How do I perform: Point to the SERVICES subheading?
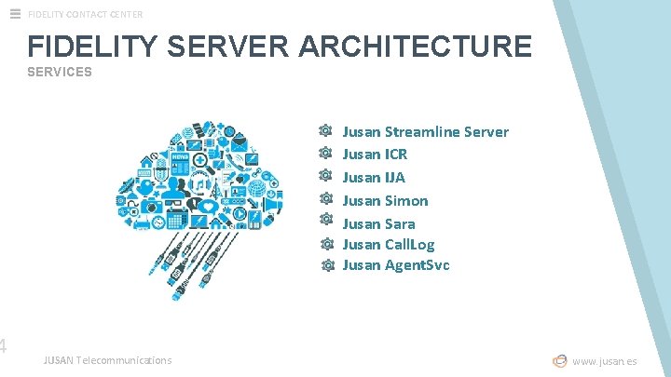(x=60, y=72)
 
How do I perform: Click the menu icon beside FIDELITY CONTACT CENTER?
(x=15, y=13)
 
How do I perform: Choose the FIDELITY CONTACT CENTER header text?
(x=86, y=14)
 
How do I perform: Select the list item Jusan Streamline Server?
(x=425, y=132)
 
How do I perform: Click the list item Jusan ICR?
(x=375, y=155)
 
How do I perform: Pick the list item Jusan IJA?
(x=374, y=178)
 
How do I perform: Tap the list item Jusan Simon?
(x=385, y=201)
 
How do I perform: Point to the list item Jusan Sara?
(x=378, y=223)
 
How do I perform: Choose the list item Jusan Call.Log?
(x=389, y=245)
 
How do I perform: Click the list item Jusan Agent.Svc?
(x=396, y=265)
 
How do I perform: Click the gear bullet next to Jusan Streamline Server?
(x=325, y=132)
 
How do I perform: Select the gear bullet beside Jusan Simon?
(x=326, y=198)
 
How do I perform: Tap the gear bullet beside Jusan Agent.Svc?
(x=327, y=265)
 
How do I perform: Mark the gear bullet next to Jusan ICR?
(x=325, y=153)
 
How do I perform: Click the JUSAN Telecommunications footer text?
(x=107, y=360)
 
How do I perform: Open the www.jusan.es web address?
(x=605, y=361)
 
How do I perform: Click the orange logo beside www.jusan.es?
(x=560, y=361)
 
